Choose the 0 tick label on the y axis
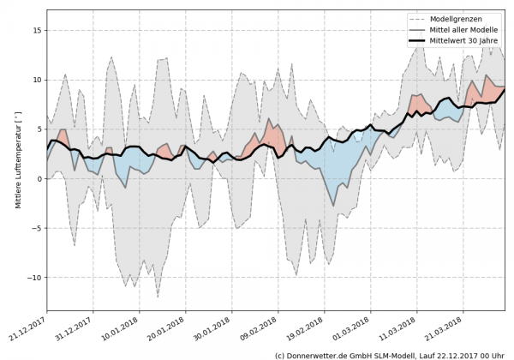[39, 179]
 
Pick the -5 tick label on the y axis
[35, 229]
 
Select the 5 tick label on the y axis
[39, 129]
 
